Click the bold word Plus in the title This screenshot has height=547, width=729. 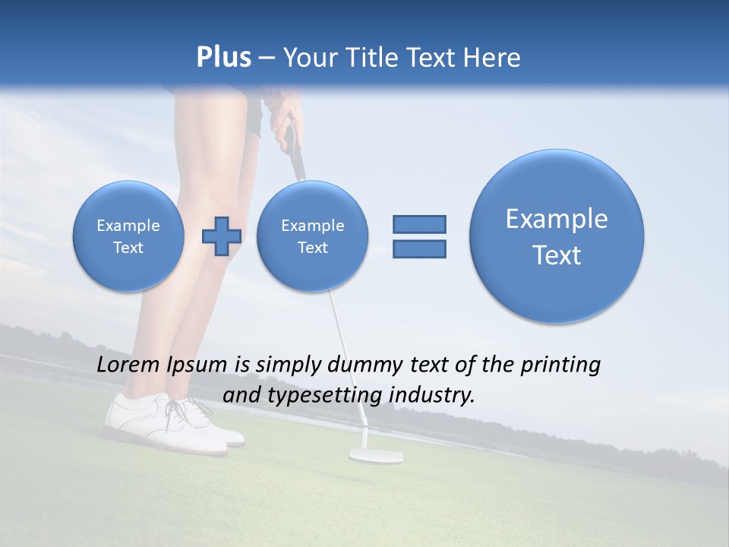click(223, 58)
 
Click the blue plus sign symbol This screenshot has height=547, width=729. click(222, 236)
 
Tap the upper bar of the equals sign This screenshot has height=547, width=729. click(419, 224)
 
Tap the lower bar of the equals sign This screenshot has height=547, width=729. click(419, 248)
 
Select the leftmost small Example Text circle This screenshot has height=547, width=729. click(128, 236)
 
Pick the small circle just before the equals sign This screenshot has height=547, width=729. click(313, 236)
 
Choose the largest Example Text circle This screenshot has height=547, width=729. click(557, 236)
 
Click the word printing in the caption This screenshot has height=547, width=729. click(560, 365)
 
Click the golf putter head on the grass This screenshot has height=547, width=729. click(376, 456)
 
